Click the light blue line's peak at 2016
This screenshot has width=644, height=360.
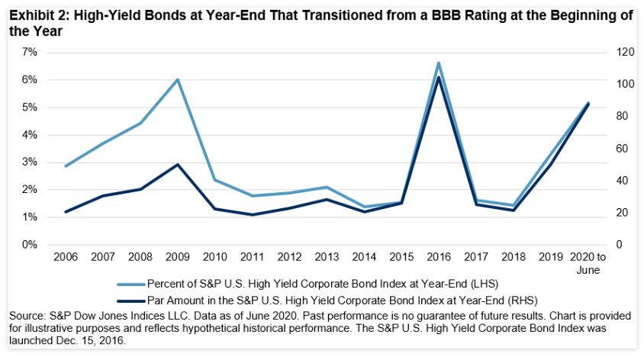(x=438, y=63)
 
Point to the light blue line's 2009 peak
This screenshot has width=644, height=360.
(x=178, y=79)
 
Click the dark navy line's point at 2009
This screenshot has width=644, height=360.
(x=178, y=164)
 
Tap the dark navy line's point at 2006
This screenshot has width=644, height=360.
(x=66, y=212)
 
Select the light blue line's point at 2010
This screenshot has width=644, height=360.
(x=215, y=180)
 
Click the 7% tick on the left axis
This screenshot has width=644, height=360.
(x=29, y=52)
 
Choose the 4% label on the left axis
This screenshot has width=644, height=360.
(x=29, y=135)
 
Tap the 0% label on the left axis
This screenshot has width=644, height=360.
(x=29, y=245)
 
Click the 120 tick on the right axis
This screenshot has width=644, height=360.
(x=605, y=52)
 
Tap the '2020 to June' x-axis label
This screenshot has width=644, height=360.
(x=587, y=264)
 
